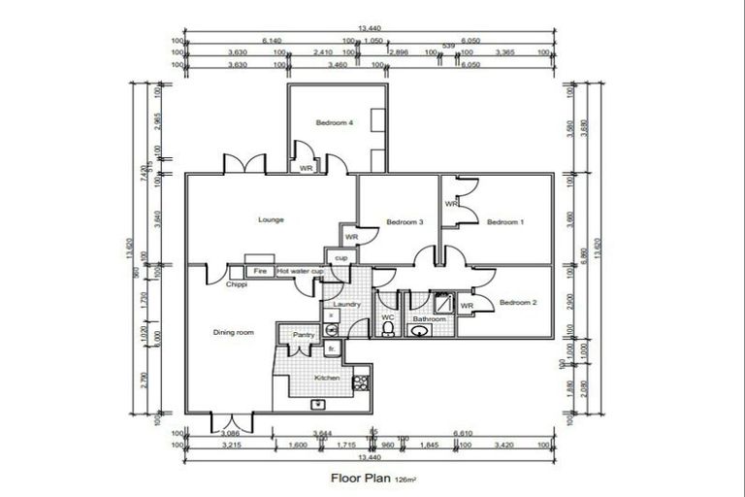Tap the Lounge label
tap(271, 220)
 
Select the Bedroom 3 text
tap(405, 222)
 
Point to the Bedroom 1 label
tap(504, 222)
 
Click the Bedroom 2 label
tap(517, 303)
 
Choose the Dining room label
tap(233, 333)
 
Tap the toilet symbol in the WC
tap(388, 330)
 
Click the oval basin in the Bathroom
tap(420, 331)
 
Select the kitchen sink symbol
tap(317, 403)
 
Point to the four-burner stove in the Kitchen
tap(361, 381)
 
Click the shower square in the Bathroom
tap(442, 302)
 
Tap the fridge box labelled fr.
tap(331, 348)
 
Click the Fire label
tap(260, 272)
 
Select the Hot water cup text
tap(300, 272)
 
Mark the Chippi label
tap(237, 285)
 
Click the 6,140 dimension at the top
tap(271, 41)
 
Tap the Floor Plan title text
tap(360, 478)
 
